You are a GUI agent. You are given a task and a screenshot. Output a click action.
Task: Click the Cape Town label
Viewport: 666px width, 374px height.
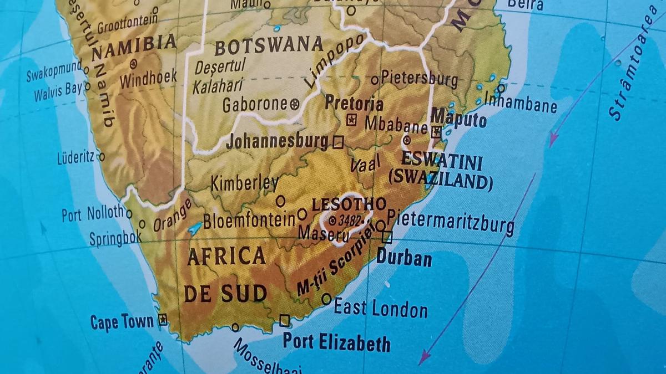click(122, 322)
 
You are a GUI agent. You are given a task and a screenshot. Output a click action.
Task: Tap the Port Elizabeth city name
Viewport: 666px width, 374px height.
click(336, 342)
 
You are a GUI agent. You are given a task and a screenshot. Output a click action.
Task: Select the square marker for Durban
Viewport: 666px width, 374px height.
click(387, 238)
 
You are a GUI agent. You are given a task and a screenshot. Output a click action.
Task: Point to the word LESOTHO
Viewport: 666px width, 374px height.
click(349, 204)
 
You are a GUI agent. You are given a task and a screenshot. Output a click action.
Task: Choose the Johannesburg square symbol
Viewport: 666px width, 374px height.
click(337, 142)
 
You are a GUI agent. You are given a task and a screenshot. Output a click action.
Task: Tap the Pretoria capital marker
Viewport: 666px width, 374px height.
click(351, 120)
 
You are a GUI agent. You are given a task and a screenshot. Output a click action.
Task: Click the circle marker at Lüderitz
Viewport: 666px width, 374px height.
click(102, 157)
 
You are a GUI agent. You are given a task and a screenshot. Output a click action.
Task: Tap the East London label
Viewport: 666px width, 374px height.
click(380, 308)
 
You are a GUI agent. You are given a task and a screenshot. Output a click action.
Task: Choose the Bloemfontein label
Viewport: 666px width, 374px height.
click(249, 221)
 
